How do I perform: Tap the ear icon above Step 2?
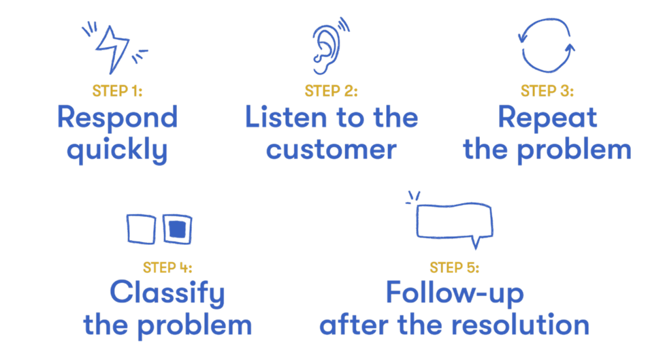(x=325, y=46)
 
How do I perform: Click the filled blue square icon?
(x=177, y=229)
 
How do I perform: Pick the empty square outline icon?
(x=141, y=229)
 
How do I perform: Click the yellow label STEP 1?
(x=117, y=91)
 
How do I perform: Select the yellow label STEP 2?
(x=331, y=91)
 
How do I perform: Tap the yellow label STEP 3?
(x=547, y=91)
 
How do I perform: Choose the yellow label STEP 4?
(x=167, y=267)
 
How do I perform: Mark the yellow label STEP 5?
(x=454, y=267)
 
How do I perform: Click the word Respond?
(x=117, y=118)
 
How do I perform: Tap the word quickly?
(x=117, y=150)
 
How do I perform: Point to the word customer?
(x=331, y=149)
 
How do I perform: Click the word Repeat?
(x=547, y=118)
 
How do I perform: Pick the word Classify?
(x=167, y=294)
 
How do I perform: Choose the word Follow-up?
(x=454, y=293)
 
